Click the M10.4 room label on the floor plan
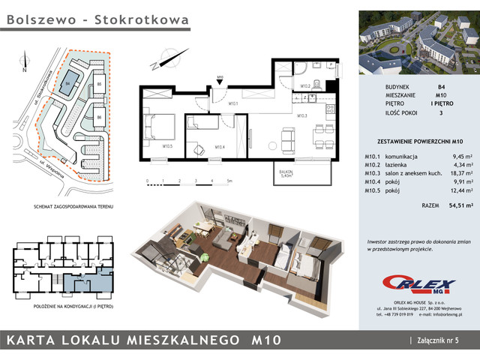tap(220, 146)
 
